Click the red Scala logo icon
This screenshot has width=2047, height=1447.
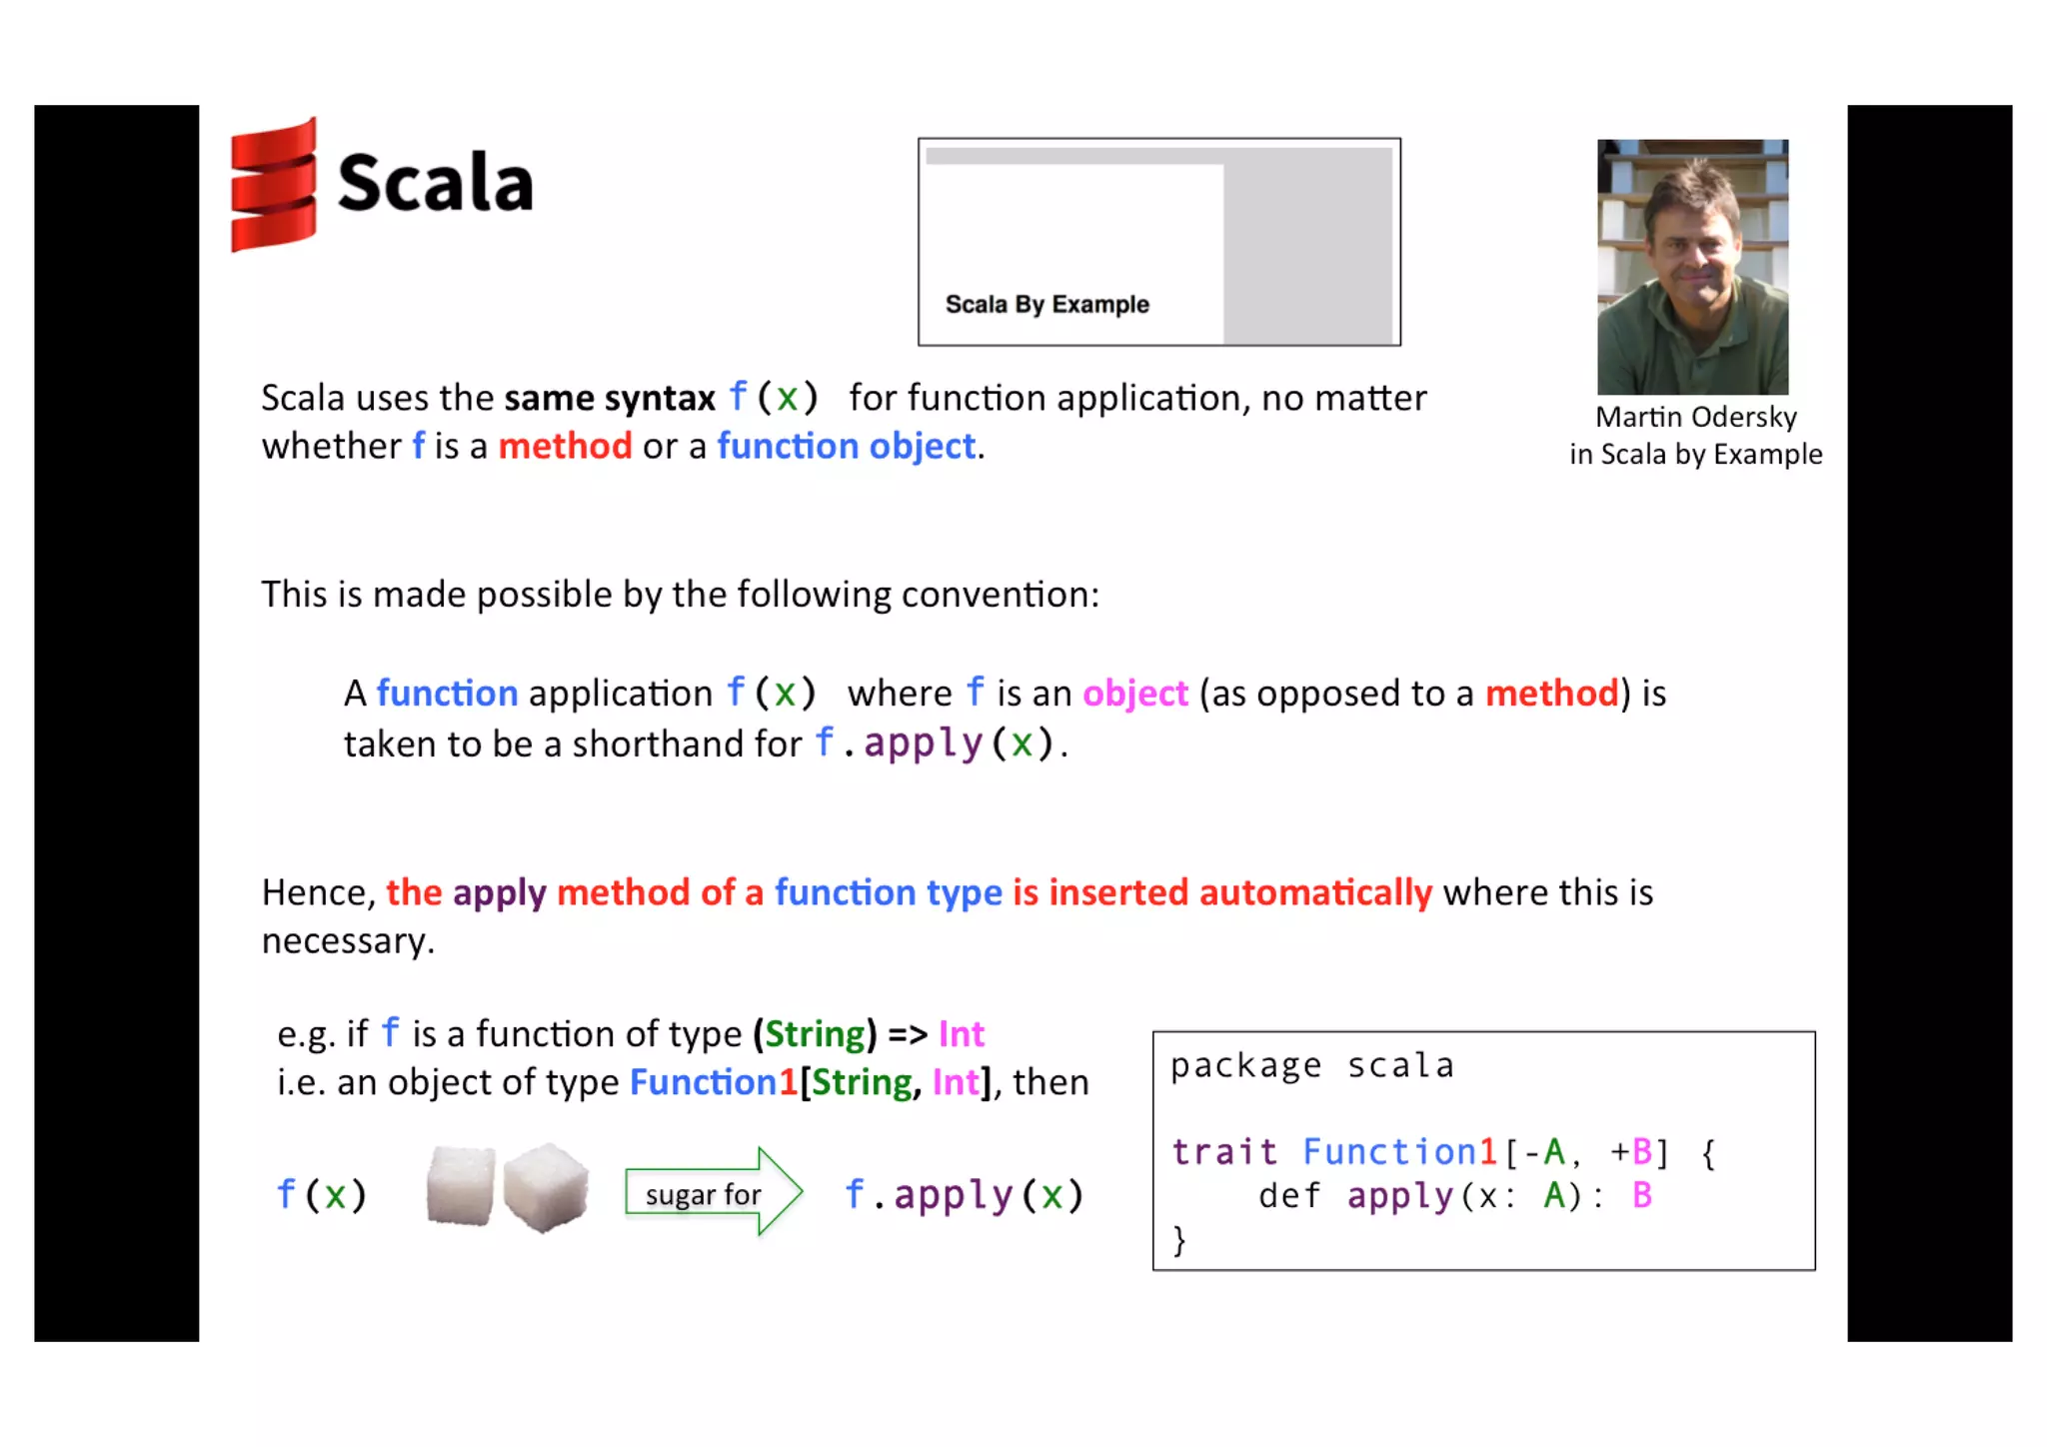(273, 185)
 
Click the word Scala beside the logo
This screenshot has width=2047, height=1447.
(436, 183)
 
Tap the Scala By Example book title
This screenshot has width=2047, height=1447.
(1046, 304)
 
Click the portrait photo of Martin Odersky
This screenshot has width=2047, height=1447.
(1692, 267)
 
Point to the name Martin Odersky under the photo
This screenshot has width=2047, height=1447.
(1695, 417)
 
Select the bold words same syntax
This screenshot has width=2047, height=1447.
(610, 399)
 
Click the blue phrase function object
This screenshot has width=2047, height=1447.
(846, 446)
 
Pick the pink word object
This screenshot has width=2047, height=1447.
(1134, 694)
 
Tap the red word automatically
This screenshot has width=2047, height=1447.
(1315, 892)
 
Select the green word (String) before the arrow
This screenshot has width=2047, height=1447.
(815, 1034)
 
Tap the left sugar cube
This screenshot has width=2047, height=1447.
(460, 1186)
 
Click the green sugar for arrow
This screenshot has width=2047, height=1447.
(713, 1193)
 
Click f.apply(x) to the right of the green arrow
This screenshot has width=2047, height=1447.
(964, 1195)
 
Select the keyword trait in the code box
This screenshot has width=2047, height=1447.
(1224, 1152)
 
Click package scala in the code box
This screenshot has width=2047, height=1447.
(1311, 1066)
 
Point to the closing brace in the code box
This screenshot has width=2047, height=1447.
(1179, 1240)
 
